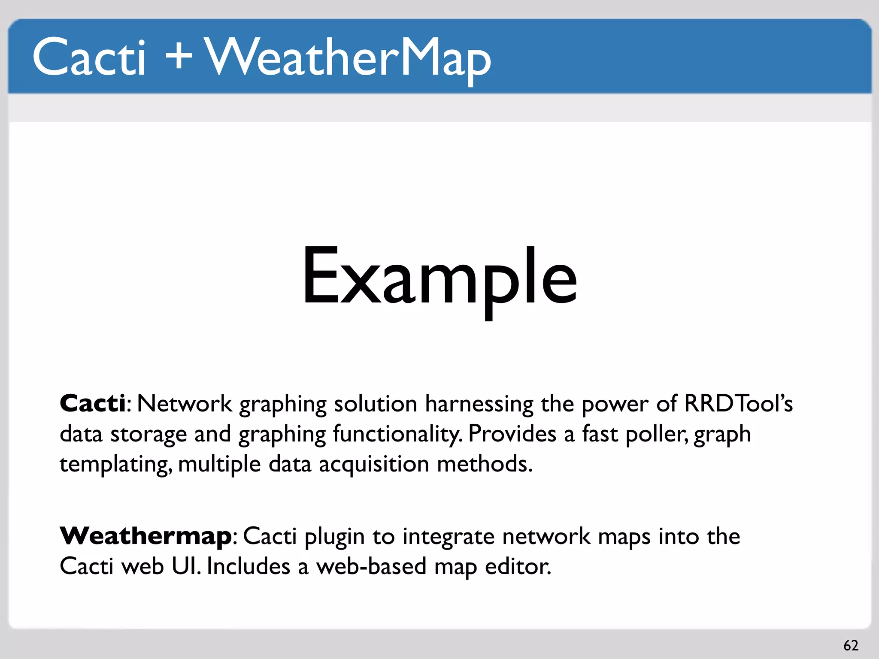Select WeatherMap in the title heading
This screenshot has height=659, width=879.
(x=348, y=58)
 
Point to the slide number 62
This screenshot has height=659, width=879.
(x=851, y=645)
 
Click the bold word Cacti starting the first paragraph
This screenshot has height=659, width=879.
(x=93, y=404)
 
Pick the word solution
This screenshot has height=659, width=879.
(x=375, y=404)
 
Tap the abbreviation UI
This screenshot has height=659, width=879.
(x=185, y=566)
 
